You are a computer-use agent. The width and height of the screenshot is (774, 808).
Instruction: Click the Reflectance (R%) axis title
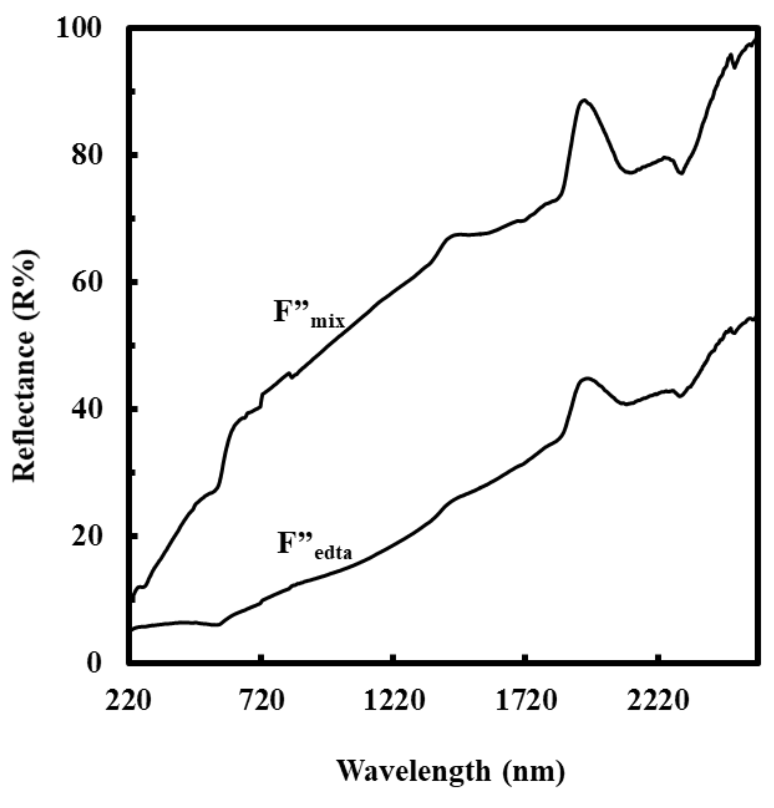[x=25, y=366]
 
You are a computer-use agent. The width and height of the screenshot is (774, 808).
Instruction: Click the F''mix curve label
[x=309, y=313]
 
